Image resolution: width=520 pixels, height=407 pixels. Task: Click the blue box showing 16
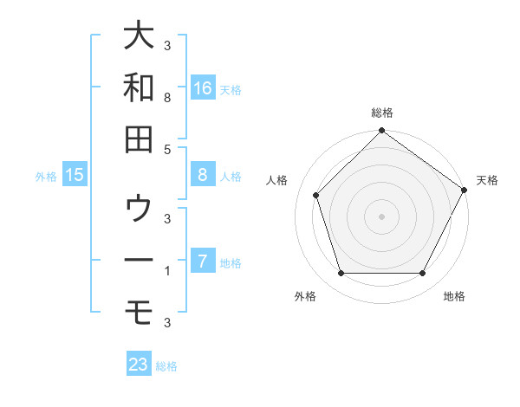(x=203, y=88)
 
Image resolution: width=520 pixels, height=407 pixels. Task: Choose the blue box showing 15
(x=75, y=176)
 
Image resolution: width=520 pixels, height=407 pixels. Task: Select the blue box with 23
(x=139, y=365)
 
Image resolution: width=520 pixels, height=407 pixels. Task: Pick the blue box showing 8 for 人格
(x=203, y=175)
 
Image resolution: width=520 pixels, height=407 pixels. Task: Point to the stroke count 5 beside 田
(x=166, y=149)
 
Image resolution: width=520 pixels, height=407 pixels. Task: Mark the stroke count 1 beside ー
(x=166, y=271)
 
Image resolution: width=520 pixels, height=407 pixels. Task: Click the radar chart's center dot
(x=381, y=216)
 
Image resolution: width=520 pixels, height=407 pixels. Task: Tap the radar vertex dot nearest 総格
(x=381, y=132)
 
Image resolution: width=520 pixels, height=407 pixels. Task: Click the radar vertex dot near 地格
(x=423, y=274)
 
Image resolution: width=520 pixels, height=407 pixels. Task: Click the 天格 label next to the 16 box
(x=231, y=89)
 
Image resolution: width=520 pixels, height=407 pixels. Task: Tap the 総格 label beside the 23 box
(x=166, y=365)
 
